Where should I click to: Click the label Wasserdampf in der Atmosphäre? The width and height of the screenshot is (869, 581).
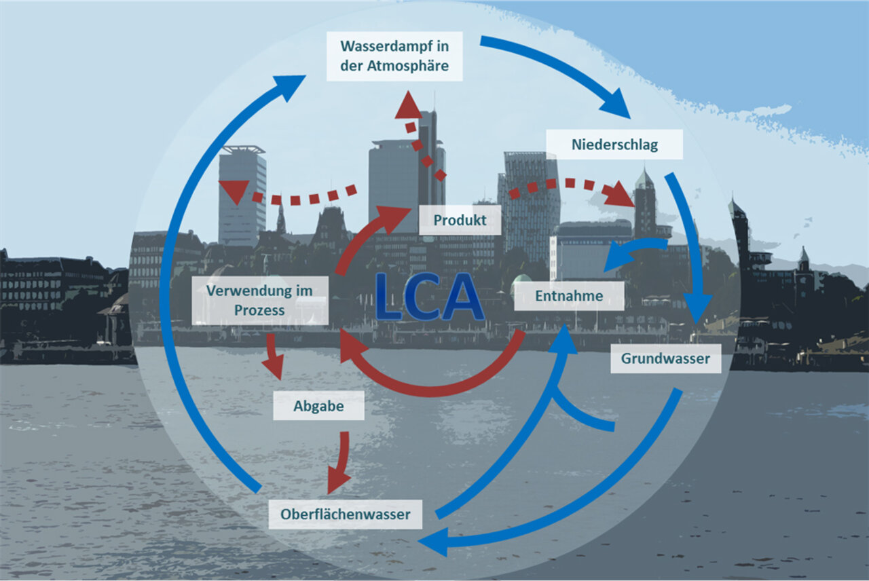(394, 56)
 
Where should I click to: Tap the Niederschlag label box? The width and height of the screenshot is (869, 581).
(614, 145)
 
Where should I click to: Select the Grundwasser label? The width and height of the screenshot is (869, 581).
(665, 358)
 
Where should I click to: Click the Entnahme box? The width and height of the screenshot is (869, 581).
(568, 296)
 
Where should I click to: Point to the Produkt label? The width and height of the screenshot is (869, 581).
(460, 220)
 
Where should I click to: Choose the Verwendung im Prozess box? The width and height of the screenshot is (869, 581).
(260, 300)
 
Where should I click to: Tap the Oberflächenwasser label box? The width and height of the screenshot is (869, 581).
(345, 514)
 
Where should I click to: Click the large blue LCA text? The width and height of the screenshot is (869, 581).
(430, 297)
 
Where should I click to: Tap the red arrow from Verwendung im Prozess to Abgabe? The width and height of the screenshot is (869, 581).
(273, 355)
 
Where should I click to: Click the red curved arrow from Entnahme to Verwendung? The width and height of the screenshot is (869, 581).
(434, 387)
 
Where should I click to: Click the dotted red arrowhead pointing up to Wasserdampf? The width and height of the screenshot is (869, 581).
(409, 107)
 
